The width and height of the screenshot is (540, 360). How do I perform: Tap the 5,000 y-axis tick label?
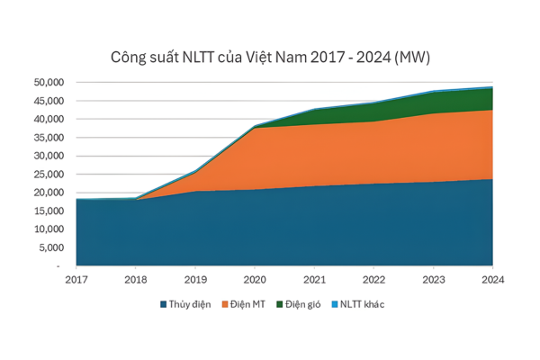point(50,247)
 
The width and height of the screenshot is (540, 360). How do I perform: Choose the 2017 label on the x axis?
point(76,279)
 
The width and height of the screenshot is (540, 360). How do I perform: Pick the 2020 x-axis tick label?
point(255,279)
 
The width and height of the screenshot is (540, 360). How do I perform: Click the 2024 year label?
point(492,279)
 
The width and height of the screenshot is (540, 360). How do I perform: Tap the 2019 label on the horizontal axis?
point(195,279)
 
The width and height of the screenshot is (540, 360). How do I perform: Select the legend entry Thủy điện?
point(189,304)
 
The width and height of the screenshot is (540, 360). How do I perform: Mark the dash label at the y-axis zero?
point(58,266)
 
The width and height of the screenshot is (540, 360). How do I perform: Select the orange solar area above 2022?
point(373,153)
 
